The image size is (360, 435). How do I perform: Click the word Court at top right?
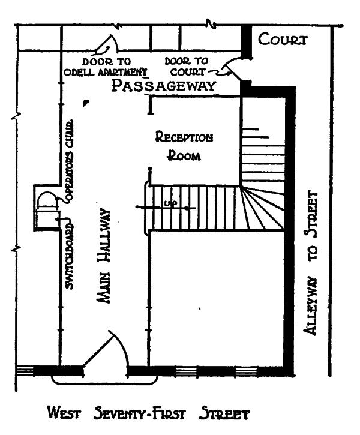[283, 40]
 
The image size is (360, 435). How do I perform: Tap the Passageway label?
[164, 85]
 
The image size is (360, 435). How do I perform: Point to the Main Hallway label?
[104, 256]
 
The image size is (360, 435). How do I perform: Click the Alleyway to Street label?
[310, 262]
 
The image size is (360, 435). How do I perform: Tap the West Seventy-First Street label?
[148, 413]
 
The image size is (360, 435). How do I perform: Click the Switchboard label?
[70, 256]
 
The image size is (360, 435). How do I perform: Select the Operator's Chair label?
[70, 160]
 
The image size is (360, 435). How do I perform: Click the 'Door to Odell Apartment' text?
[106, 67]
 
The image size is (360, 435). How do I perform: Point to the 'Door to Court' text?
[187, 67]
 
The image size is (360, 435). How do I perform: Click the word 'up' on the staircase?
[170, 204]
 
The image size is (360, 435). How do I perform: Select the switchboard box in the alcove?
[48, 220]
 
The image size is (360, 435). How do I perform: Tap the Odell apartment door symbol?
[107, 44]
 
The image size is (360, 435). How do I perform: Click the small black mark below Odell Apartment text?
[86, 103]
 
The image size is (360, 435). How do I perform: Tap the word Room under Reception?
[184, 155]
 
